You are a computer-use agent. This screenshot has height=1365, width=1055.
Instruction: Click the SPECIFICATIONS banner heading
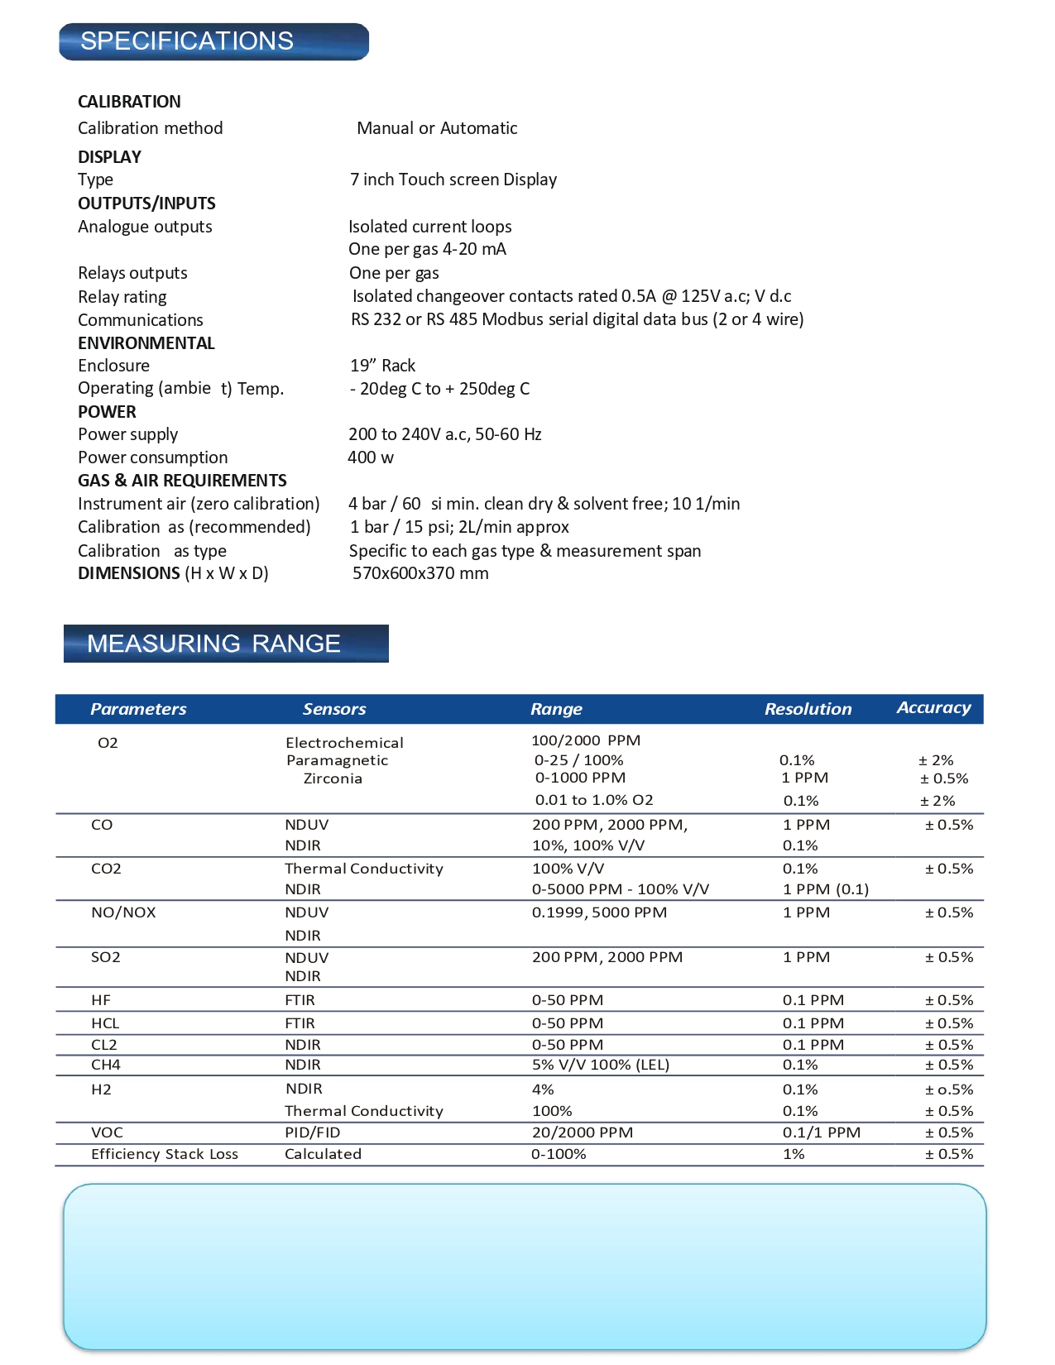187,41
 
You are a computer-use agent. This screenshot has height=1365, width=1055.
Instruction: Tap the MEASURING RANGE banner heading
213,644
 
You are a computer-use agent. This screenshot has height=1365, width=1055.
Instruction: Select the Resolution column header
808,709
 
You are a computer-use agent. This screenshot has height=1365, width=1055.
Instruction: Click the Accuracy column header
933,707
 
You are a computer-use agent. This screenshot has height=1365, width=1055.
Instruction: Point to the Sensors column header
334,709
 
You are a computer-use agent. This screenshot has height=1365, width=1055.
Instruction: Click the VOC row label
107,1133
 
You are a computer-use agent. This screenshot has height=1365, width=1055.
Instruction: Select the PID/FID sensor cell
313,1133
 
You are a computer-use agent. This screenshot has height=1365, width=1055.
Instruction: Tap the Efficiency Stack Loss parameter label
165,1154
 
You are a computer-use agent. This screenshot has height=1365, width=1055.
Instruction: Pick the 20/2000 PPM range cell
583,1133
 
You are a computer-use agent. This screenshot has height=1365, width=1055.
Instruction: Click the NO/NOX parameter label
123,912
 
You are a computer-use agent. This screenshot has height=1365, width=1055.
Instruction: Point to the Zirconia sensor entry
333,778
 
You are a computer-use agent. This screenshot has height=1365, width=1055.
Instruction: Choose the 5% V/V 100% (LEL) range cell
601,1065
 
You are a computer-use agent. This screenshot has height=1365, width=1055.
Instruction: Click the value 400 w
371,457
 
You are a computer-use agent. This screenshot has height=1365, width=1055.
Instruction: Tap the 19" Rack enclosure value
382,366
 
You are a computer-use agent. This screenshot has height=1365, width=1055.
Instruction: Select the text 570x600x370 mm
420,573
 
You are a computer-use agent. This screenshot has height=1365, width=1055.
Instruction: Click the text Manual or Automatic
437,128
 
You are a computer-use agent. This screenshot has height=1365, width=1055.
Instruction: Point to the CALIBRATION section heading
129,102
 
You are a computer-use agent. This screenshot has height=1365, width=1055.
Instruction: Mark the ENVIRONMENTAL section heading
146,343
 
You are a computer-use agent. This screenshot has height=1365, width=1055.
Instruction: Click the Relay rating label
122,297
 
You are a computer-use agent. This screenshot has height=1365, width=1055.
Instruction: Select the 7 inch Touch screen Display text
453,180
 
